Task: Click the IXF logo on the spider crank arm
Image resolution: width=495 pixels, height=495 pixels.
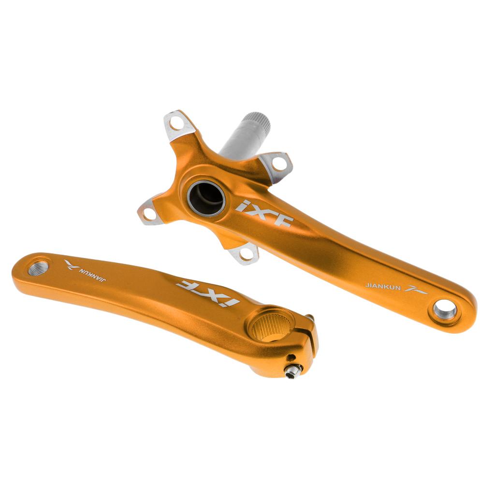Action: click(x=264, y=213)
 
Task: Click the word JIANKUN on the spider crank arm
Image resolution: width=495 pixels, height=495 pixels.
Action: click(x=383, y=287)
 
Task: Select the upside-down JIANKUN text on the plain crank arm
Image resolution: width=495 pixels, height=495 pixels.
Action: click(x=92, y=275)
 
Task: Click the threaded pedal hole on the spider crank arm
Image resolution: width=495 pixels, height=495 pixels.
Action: click(x=445, y=310)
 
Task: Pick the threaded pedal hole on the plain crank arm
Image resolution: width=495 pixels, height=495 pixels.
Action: click(x=38, y=268)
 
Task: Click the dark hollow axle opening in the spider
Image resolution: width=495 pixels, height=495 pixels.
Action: click(x=206, y=198)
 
